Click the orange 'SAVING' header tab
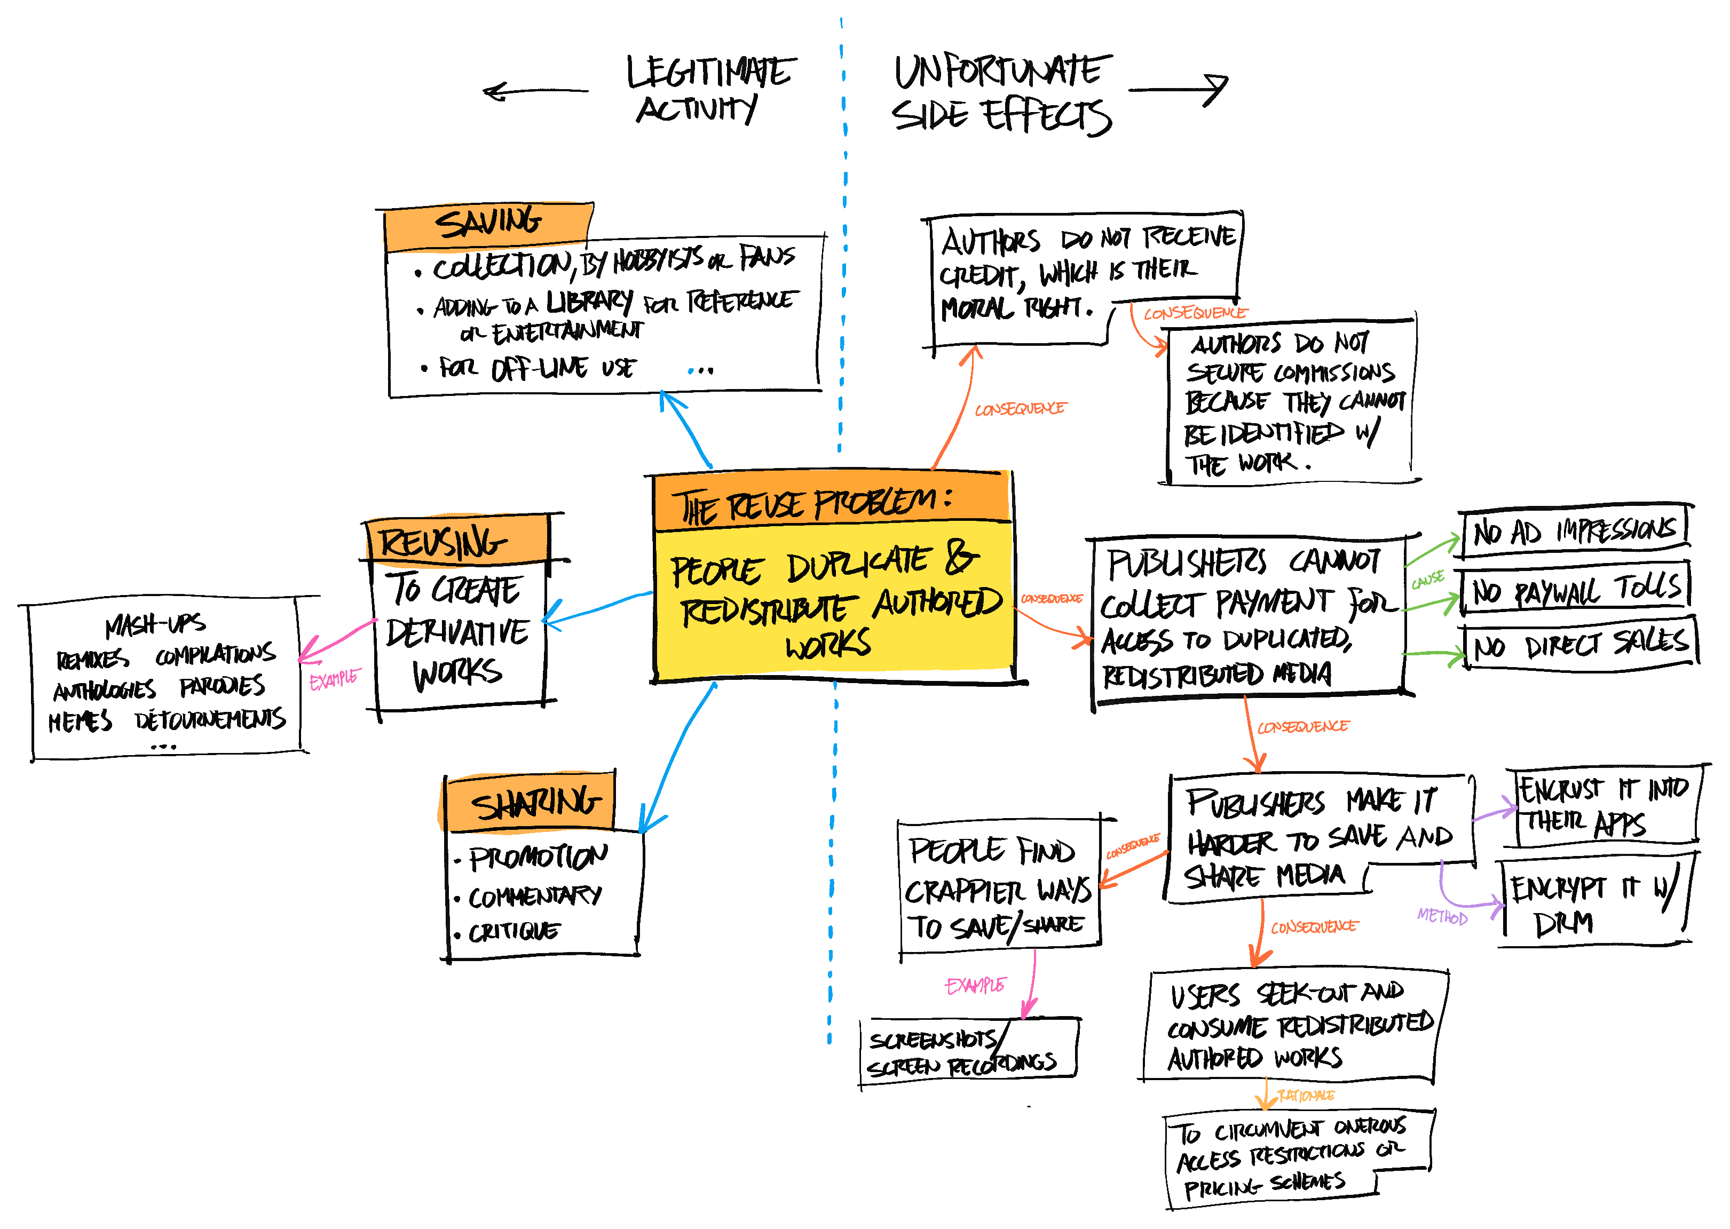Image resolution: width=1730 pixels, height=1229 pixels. [x=488, y=225]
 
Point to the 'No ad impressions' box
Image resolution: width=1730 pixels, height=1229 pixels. [x=1575, y=530]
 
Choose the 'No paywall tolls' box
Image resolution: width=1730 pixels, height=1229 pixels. [x=1575, y=589]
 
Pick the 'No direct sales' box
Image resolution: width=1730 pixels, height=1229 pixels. [x=1580, y=645]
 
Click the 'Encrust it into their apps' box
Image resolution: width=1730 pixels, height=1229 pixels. [x=1605, y=806]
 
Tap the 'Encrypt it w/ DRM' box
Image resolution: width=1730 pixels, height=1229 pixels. [x=1592, y=903]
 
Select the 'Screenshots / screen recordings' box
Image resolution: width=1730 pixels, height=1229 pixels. [x=969, y=1052]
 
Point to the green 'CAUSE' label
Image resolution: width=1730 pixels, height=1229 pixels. [x=1428, y=580]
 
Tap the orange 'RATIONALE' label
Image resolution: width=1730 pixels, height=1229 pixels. [x=1306, y=1096]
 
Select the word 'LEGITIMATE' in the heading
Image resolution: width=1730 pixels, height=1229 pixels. [x=710, y=73]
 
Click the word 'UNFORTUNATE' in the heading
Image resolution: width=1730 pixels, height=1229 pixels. [x=1002, y=71]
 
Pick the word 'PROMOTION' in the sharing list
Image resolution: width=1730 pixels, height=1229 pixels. [x=538, y=858]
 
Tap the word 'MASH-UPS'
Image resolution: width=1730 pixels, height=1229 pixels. [x=155, y=624]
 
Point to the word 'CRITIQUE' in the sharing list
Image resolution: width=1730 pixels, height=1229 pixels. [x=515, y=932]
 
